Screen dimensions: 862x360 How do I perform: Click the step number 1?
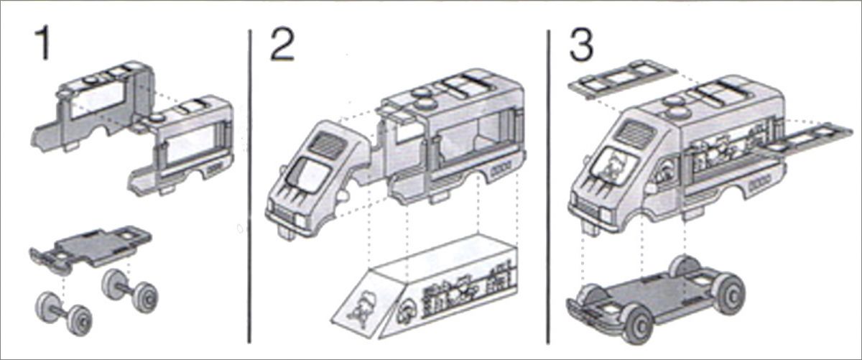pos(42,43)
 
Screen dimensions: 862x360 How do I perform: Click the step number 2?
pos(282,45)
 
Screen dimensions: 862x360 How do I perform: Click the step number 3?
pos(580,45)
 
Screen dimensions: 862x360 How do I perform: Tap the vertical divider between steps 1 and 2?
pos(250,186)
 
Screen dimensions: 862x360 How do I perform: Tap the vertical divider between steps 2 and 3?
pos(548,187)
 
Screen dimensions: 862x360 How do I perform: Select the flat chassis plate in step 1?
pos(91,248)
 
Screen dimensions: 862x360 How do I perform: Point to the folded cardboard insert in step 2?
pos(423,287)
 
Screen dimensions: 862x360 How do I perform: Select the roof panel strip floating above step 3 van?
pos(622,79)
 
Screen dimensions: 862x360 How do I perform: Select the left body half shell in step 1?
pos(93,106)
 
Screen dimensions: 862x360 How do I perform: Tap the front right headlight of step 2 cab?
pos(301,221)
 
